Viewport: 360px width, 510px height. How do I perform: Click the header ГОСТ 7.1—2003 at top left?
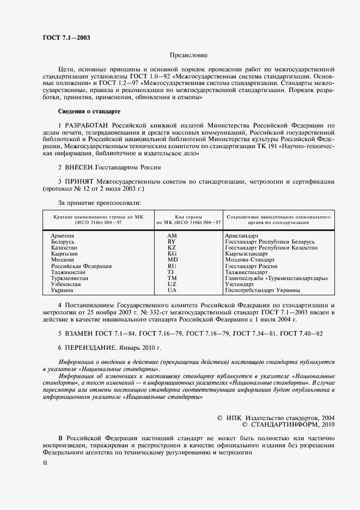[66, 38]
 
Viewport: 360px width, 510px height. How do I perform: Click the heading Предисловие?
[188, 55]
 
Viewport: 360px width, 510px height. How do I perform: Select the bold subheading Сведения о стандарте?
[89, 112]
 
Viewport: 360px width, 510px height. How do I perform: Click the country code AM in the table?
[172, 235]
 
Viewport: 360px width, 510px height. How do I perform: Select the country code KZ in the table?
[172, 247]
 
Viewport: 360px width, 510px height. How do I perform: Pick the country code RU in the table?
[172, 266]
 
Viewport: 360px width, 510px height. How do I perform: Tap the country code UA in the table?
[172, 290]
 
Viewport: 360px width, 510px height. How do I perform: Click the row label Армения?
[63, 235]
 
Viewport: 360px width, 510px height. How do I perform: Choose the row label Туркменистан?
[70, 278]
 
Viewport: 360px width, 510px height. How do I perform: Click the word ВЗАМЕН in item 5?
[82, 333]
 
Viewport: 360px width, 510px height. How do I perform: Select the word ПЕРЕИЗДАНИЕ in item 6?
[93, 347]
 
